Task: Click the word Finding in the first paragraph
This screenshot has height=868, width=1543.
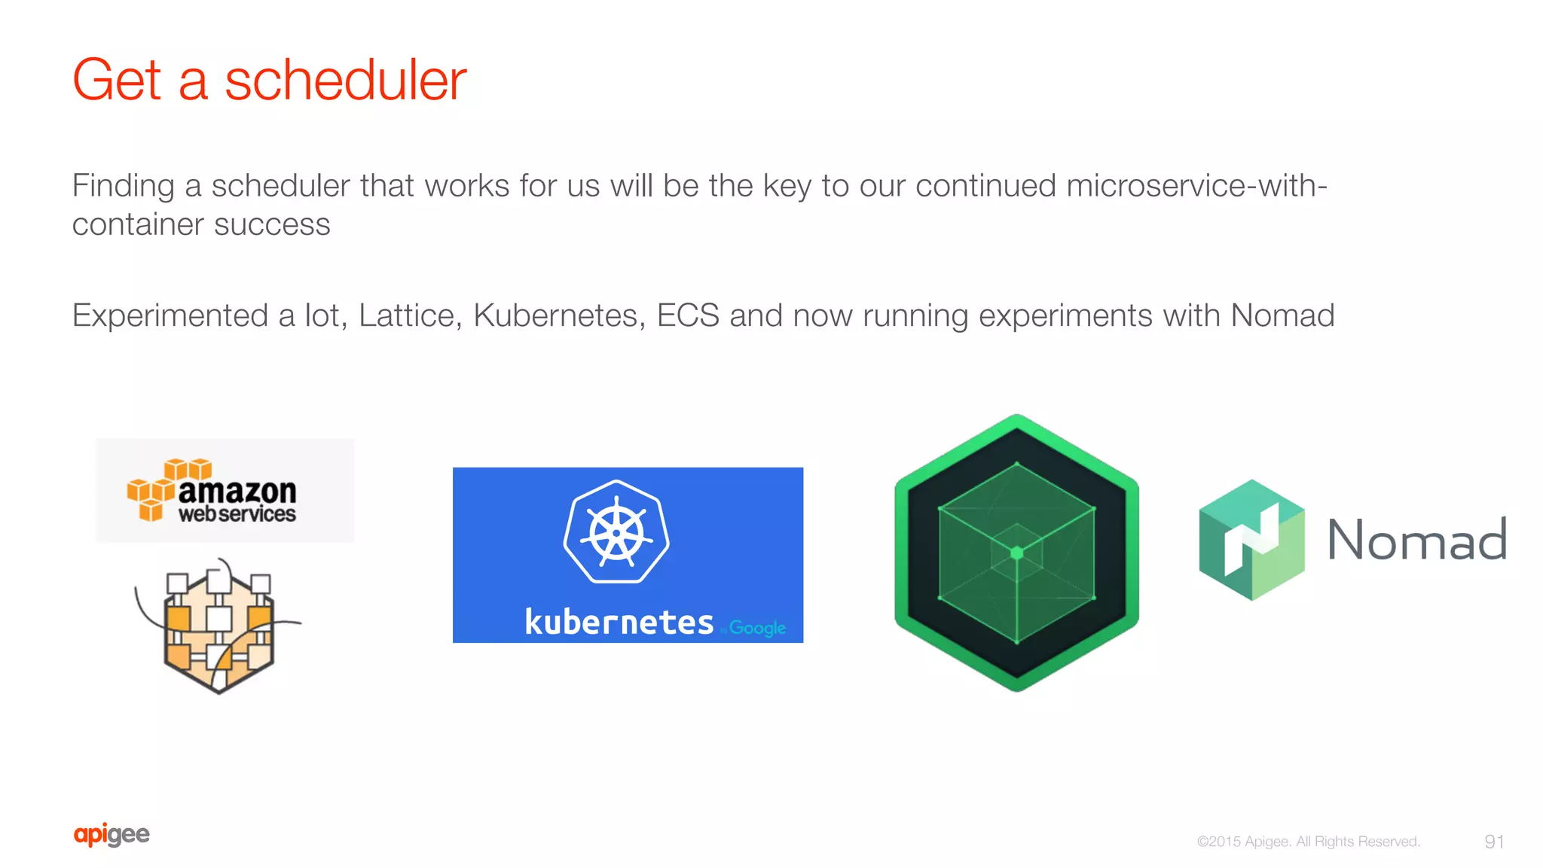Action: click(123, 186)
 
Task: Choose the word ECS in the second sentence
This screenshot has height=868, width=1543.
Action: click(688, 315)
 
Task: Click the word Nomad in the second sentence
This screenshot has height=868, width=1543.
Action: click(1282, 315)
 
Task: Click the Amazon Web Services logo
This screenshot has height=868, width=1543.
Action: click(225, 491)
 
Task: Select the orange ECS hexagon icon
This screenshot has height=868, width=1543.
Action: click(218, 626)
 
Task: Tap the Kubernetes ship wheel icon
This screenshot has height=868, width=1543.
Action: click(616, 532)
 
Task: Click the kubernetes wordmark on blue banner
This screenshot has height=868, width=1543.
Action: click(619, 623)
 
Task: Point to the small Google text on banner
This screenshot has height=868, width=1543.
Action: click(757, 627)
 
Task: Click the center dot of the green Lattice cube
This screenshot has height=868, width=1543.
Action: click(1016, 553)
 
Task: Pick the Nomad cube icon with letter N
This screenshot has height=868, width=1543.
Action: click(1251, 540)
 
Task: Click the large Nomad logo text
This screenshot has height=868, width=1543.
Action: click(1416, 540)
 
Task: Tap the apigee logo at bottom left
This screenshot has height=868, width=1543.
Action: click(112, 835)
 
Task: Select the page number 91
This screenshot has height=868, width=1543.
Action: click(1494, 842)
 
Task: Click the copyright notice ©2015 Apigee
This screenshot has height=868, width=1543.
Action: click(1308, 842)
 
